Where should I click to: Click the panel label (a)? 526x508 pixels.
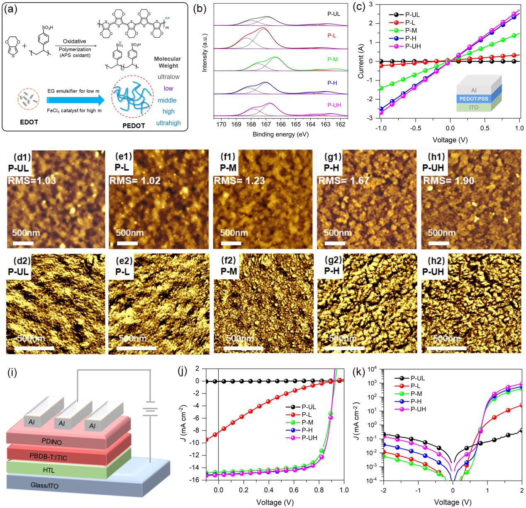[10, 9]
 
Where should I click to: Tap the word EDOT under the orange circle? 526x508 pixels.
[29, 122]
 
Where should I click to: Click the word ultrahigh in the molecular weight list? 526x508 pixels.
[168, 123]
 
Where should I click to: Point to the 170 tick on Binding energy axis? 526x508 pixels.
[221, 124]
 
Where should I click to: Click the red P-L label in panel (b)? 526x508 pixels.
[332, 36]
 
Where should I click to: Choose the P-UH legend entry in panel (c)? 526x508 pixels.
[413, 46]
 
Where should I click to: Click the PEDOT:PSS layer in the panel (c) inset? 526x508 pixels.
[474, 99]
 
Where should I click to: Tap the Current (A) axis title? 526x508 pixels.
[360, 61]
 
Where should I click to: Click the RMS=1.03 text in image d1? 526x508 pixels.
[32, 181]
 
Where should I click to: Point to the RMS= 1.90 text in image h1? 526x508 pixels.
[448, 181]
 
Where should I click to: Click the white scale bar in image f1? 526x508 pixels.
[231, 243]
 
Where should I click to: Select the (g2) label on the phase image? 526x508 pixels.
[333, 260]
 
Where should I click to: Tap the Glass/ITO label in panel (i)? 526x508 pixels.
[44, 485]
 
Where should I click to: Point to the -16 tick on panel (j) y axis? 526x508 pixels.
[206, 480]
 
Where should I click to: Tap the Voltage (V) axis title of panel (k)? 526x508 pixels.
[453, 502]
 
